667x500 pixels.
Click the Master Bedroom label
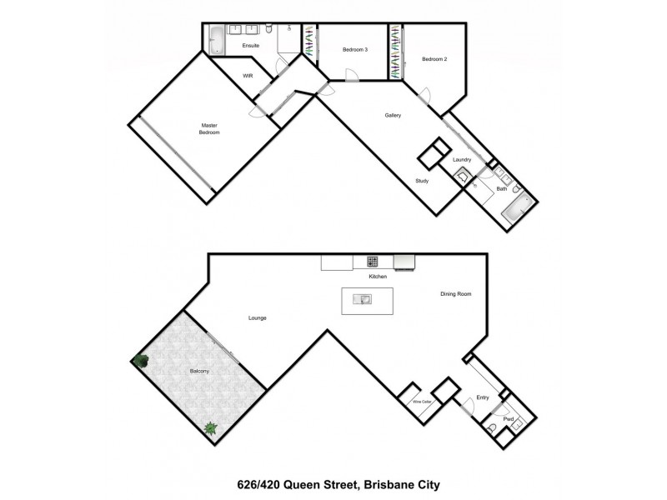click(208, 129)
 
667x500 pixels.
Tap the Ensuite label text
click(251, 46)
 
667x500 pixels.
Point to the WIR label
click(248, 76)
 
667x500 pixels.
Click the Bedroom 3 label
click(354, 50)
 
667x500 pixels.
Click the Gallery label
click(393, 115)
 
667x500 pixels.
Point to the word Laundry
click(462, 159)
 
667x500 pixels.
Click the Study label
click(424, 181)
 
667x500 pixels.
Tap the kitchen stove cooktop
click(373, 262)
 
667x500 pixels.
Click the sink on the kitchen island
click(365, 298)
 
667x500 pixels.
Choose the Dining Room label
click(457, 293)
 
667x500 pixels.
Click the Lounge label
click(257, 318)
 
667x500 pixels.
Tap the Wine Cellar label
click(422, 402)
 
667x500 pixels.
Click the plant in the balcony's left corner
click(138, 361)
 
